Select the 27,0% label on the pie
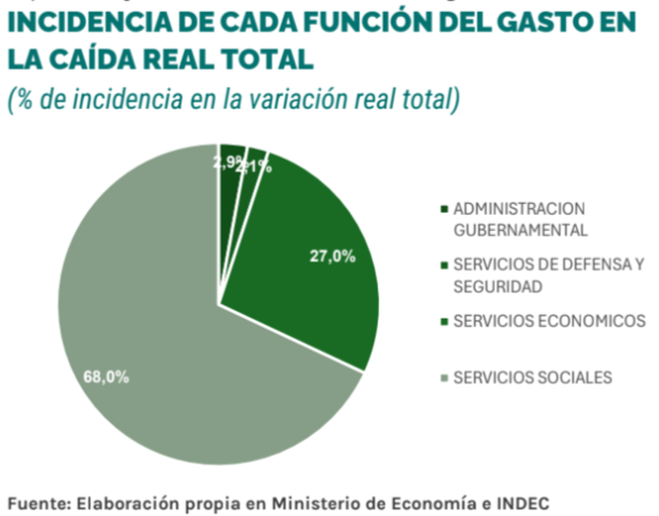click(332, 256)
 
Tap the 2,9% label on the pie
click(227, 162)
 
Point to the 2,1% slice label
click(255, 165)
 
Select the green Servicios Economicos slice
click(307, 271)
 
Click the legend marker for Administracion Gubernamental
click(443, 209)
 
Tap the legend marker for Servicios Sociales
click(443, 377)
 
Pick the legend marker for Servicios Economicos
click(443, 321)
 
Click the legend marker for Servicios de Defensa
click(443, 265)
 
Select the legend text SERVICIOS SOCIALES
click(532, 377)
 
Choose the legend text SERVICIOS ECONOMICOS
click(549, 321)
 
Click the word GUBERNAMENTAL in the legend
click(520, 230)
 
